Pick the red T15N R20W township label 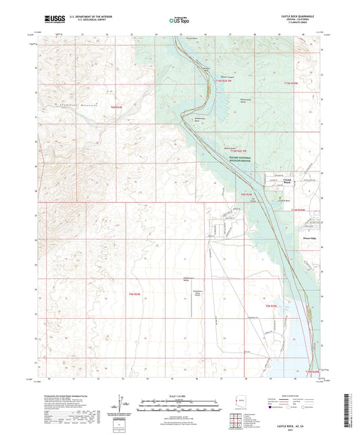290,82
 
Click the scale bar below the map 179,403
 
